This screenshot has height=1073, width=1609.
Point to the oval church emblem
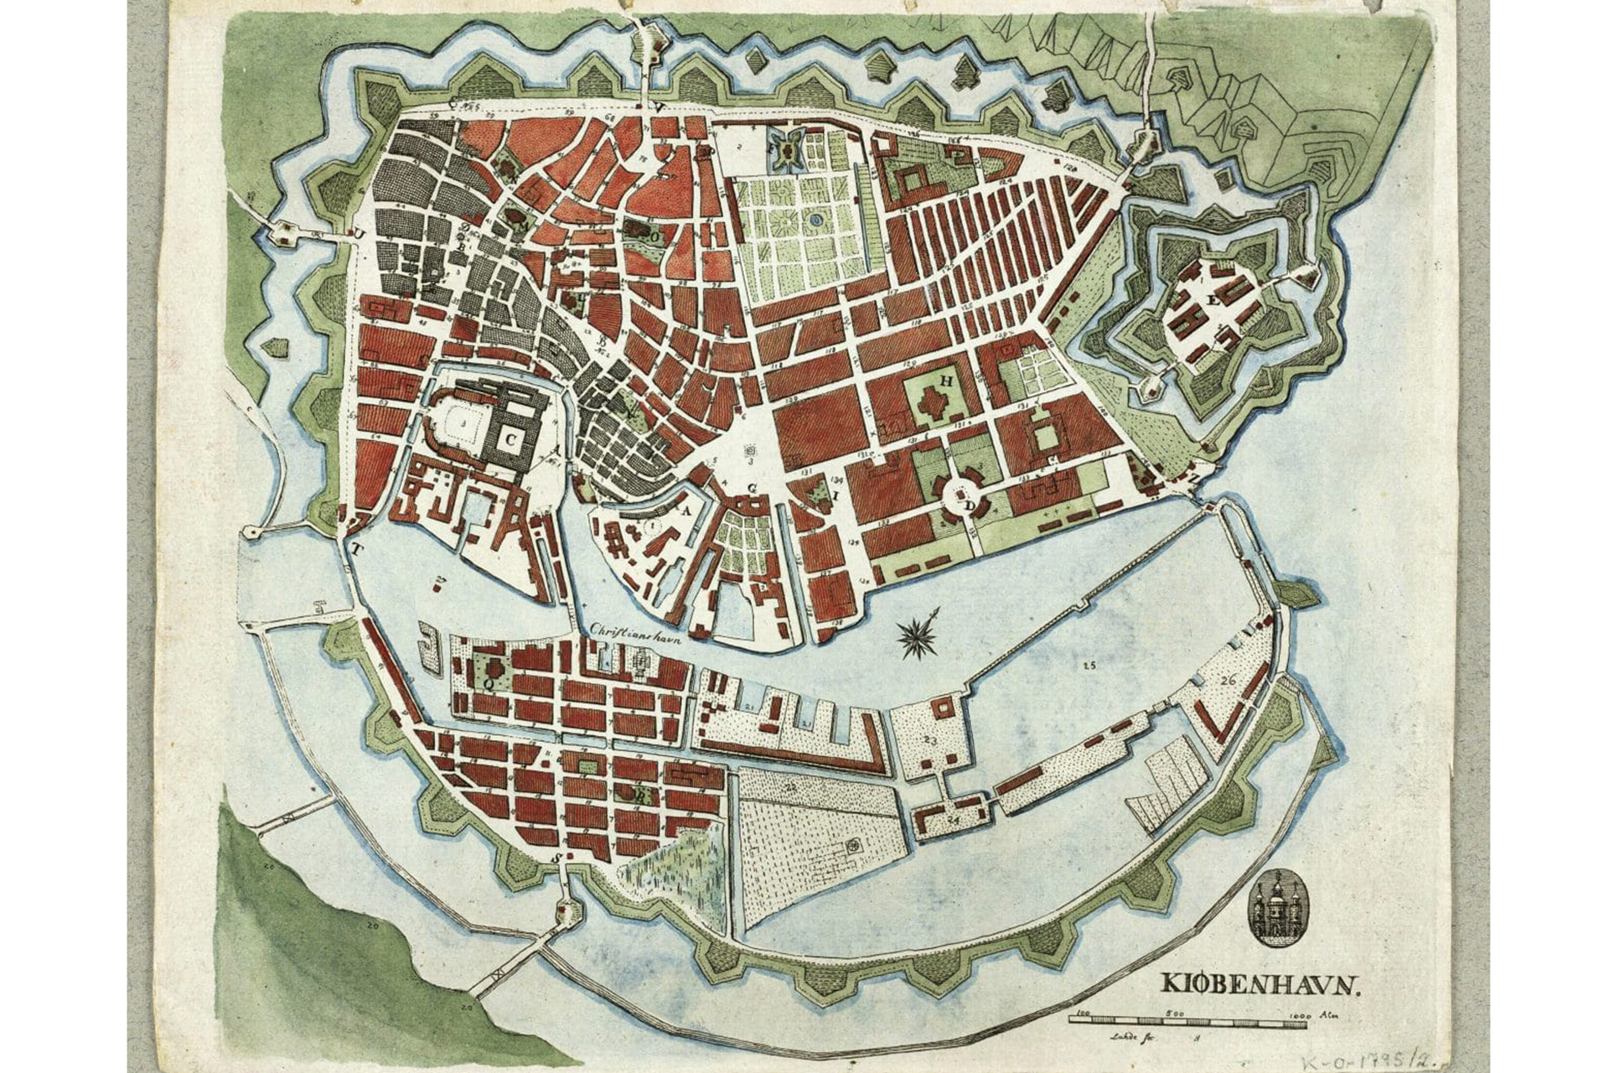pos(1273,907)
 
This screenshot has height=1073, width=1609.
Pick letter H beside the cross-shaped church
pos(946,380)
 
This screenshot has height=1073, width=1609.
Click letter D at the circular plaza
pos(970,506)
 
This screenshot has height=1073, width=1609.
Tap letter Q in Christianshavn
pos(485,683)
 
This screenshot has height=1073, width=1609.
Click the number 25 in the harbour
pos(1088,666)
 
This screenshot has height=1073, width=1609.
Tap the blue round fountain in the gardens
pos(815,220)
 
